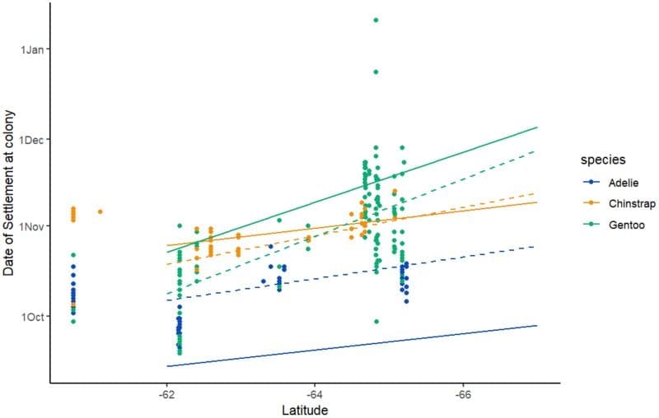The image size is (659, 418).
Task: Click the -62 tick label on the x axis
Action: pos(166,394)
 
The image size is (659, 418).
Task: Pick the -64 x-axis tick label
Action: pos(314,394)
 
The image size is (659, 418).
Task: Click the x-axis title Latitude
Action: pos(305,409)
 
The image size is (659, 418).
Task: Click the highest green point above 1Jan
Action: pos(376,20)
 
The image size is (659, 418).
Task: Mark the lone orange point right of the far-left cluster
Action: pos(100,211)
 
